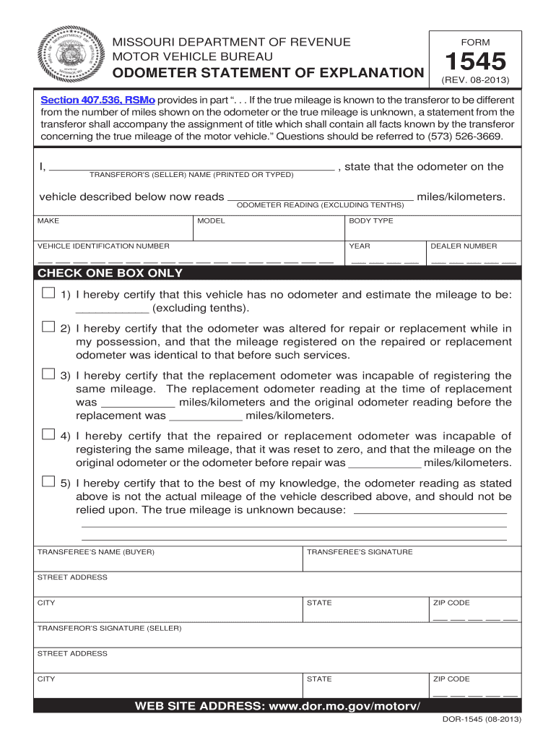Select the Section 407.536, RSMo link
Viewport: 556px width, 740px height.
point(97,100)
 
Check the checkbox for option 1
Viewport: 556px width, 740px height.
point(48,293)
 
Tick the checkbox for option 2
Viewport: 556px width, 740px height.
point(48,327)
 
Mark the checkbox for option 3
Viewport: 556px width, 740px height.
point(48,374)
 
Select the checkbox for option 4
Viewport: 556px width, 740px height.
point(48,434)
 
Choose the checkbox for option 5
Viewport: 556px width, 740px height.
point(48,481)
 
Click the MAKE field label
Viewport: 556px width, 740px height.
point(48,220)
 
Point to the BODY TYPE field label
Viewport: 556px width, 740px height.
point(370,220)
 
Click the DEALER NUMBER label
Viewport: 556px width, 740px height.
point(464,246)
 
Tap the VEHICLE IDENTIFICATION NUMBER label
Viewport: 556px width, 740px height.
point(103,246)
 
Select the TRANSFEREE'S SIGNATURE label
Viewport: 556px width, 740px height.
point(360,552)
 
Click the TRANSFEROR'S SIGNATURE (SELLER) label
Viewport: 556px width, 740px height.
point(109,628)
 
